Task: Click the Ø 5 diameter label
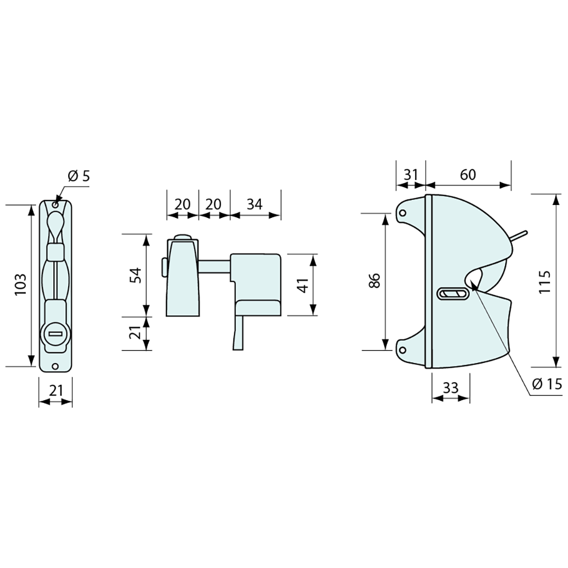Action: click(78, 176)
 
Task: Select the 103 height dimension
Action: click(21, 285)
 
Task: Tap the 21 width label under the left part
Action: click(56, 390)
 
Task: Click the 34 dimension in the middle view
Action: click(254, 204)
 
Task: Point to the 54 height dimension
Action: click(135, 275)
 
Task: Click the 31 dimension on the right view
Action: click(411, 175)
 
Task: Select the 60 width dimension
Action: click(468, 175)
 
